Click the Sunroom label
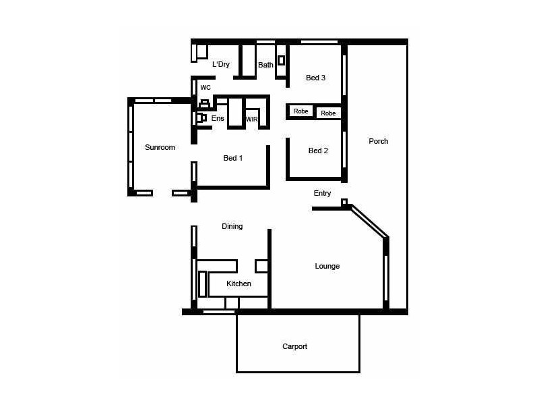[160, 147]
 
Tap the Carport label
[294, 346]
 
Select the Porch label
[378, 141]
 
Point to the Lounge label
[327, 266]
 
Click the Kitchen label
[239, 283]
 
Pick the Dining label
[232, 226]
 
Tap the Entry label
[322, 193]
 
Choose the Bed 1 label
[233, 158]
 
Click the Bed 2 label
[318, 151]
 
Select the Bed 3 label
[315, 78]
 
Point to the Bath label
[265, 65]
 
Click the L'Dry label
[221, 65]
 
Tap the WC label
[205, 88]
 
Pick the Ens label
[218, 118]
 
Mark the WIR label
[251, 119]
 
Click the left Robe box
[300, 111]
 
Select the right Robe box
[328, 113]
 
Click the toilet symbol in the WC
[204, 104]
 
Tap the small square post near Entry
[344, 202]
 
